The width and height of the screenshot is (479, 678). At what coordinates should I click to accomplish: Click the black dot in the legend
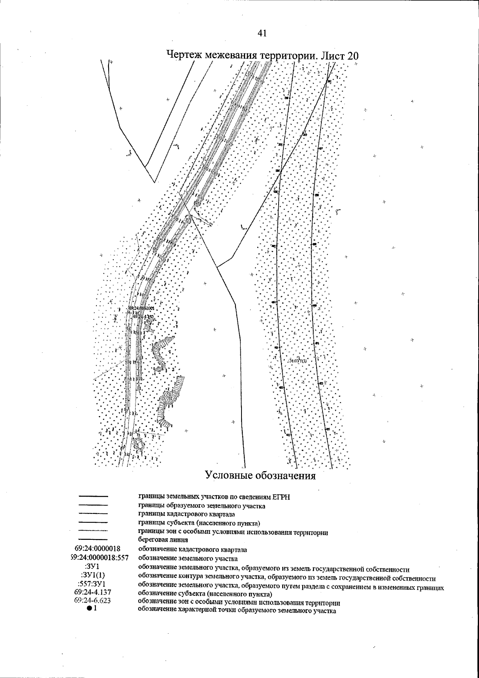click(x=89, y=608)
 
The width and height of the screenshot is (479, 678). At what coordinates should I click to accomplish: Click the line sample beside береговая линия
click(x=93, y=540)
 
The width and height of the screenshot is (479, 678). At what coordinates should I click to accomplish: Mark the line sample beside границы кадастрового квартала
click(x=93, y=514)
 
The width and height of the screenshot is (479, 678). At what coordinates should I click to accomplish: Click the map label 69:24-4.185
click(x=143, y=316)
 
